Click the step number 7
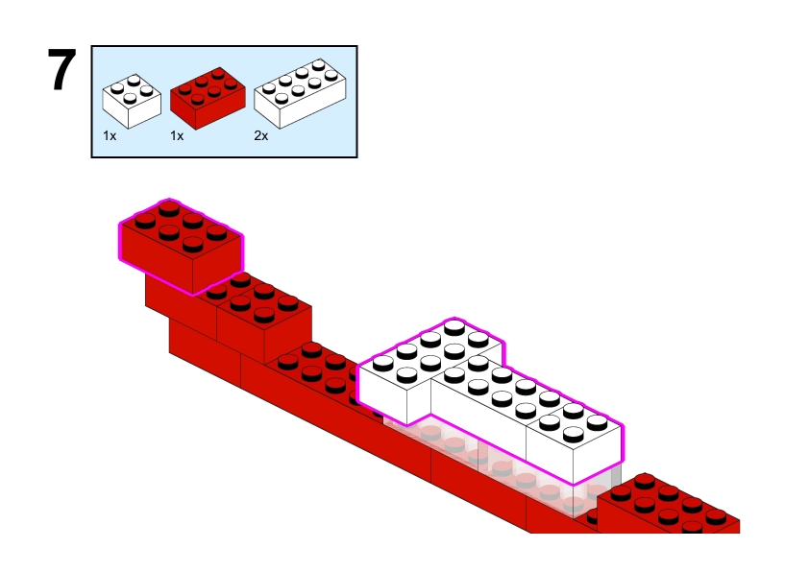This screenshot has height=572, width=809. click(61, 69)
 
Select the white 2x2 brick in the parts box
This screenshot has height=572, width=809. click(132, 102)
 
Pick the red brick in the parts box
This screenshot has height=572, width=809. click(208, 98)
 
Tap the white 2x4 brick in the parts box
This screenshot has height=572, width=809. click(300, 94)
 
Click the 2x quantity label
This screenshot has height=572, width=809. click(261, 135)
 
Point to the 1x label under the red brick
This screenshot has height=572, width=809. click(177, 135)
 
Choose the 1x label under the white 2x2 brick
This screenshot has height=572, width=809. click(110, 135)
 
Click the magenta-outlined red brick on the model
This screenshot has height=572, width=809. click(181, 247)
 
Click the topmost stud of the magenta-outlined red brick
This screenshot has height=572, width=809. click(169, 208)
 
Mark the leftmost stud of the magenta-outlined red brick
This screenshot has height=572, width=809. click(145, 220)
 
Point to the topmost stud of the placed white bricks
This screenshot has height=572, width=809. click(454, 326)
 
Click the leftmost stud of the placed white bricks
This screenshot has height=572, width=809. click(382, 363)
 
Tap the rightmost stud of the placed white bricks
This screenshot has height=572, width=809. click(597, 422)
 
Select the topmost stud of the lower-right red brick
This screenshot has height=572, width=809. click(645, 481)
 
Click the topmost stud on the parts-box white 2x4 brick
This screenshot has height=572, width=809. click(319, 64)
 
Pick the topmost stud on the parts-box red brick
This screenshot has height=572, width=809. click(218, 73)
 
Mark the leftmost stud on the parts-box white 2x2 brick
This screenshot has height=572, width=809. click(117, 88)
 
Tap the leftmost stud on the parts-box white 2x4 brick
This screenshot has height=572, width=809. click(269, 88)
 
